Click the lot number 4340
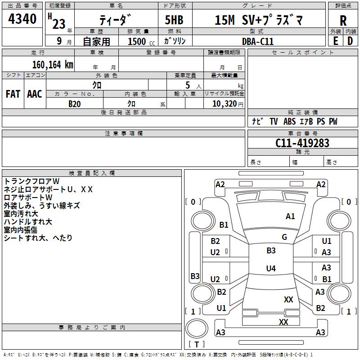22,19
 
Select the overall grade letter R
343,21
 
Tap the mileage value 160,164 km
53,65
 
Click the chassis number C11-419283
302,143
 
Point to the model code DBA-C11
257,41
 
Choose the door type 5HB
174,20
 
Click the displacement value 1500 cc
141,41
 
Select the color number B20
75,104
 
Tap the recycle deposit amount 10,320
225,104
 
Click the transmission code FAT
13,94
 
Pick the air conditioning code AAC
35,94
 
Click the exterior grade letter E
335,41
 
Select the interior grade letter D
350,41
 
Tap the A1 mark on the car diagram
290,216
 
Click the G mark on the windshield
284,237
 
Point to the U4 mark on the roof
271,268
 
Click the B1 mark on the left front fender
224,225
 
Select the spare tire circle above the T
197,328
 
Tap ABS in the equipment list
289,121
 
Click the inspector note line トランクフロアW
31,181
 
